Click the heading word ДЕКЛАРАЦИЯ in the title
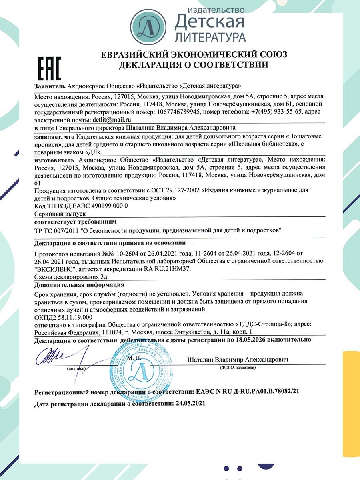click(x=148, y=64)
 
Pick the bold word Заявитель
click(x=50, y=86)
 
